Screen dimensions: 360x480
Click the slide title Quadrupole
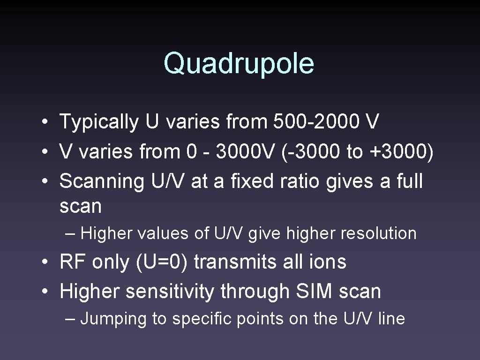[x=239, y=63]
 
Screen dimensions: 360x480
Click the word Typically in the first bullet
[x=99, y=122]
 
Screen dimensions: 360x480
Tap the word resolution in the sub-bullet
[x=378, y=233]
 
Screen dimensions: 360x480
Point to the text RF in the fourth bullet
[x=72, y=262]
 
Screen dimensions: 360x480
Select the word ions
[x=329, y=262]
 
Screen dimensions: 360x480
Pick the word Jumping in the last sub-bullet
[x=114, y=319]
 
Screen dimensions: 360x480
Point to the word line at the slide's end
[x=391, y=319]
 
